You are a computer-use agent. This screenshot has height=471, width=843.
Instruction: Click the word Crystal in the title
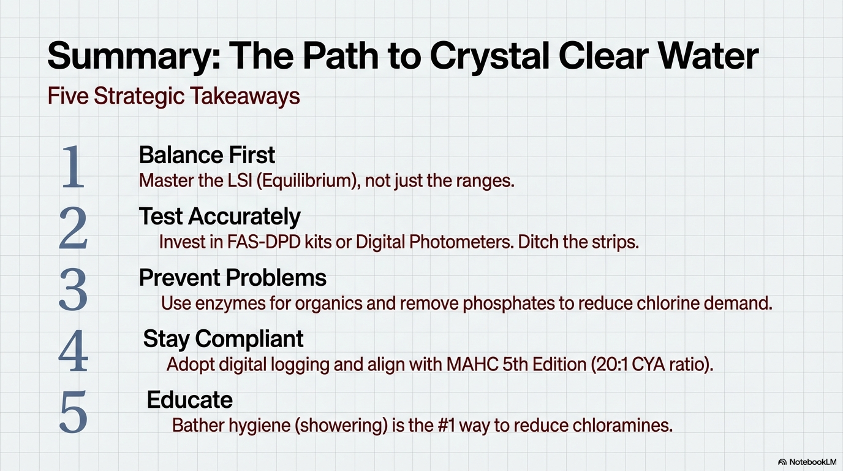click(488, 56)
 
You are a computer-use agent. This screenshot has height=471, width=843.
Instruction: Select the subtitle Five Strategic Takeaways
click(173, 96)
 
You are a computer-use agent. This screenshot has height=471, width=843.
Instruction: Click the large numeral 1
click(73, 167)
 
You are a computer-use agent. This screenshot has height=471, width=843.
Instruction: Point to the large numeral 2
click(73, 228)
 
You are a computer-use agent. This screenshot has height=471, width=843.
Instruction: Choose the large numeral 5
click(73, 412)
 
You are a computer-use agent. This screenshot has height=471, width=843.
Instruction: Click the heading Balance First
click(207, 155)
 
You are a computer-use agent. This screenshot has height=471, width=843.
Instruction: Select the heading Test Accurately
click(220, 216)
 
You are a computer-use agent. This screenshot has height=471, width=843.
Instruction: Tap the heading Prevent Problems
click(233, 278)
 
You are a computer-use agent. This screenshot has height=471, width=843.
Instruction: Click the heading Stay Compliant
click(223, 339)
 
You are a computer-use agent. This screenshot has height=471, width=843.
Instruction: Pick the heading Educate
click(190, 400)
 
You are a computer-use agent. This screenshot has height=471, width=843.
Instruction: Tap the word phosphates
click(509, 304)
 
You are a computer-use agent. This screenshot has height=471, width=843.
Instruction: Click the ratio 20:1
click(613, 364)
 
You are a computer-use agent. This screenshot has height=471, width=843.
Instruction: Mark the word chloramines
click(622, 426)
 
